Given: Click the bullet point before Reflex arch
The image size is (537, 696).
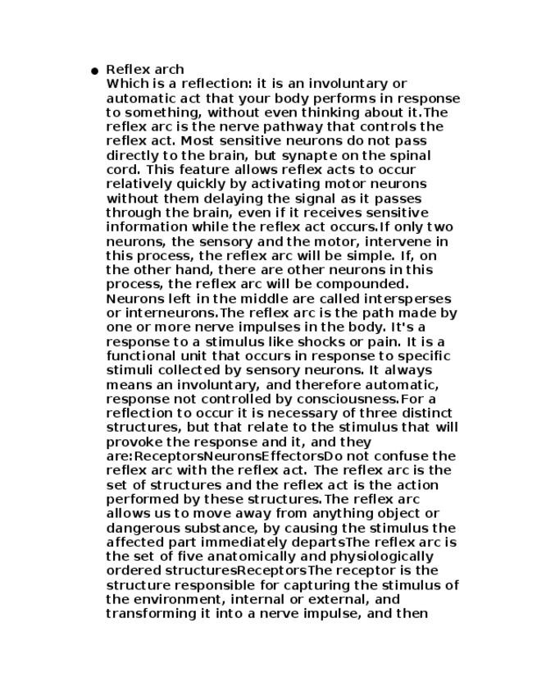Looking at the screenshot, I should (95, 71).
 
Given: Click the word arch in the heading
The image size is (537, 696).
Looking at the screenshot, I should (168, 70).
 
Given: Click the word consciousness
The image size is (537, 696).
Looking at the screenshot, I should (344, 399).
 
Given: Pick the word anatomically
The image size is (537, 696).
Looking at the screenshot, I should (219, 556).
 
